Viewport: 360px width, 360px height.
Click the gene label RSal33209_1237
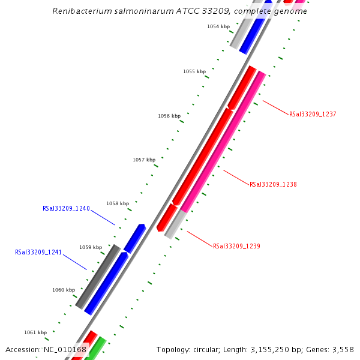tap(313, 114)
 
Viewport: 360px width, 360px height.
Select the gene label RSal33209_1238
tap(273, 185)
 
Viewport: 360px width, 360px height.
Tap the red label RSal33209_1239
tap(236, 246)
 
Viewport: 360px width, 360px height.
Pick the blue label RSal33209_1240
tap(66, 209)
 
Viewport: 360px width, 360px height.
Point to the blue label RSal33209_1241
tap(38, 253)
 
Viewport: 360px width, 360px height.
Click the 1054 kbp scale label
tap(218, 27)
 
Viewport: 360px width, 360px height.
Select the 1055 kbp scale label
tap(194, 71)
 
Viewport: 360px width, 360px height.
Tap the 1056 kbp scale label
tap(169, 116)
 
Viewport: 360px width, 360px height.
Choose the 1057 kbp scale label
tap(144, 160)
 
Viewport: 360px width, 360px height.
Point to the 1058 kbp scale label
tap(118, 204)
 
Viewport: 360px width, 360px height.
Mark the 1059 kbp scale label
tap(91, 247)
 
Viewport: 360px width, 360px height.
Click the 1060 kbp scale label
tap(64, 290)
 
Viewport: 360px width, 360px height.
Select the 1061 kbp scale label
tap(35, 332)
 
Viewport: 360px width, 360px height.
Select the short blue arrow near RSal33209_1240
tap(135, 238)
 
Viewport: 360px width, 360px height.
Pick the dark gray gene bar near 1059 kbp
tap(98, 276)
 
